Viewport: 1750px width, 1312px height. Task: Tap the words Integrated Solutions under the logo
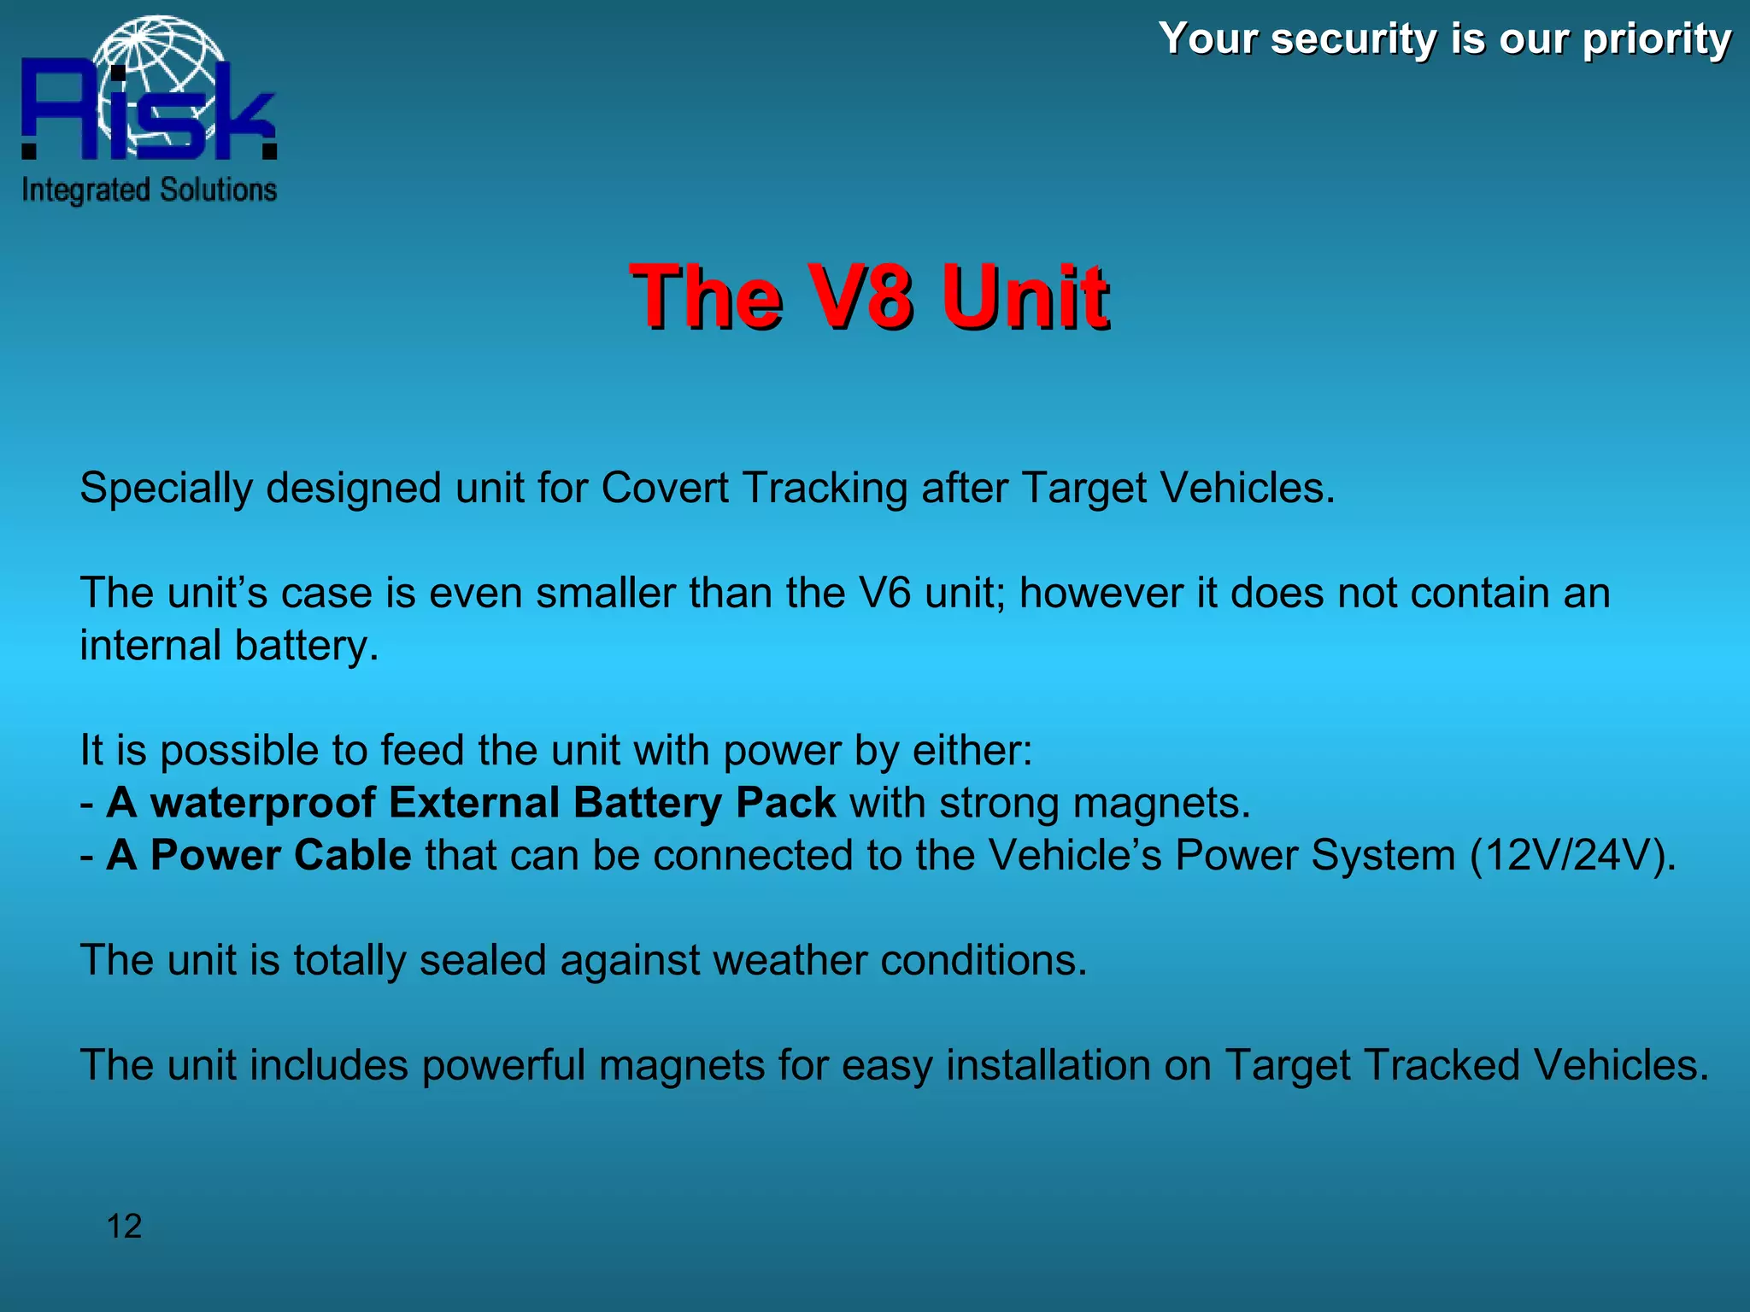149,190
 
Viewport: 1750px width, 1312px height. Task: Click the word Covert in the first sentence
665,488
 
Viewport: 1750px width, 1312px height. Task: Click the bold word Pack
785,803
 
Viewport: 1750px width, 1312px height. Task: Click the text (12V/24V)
1572,855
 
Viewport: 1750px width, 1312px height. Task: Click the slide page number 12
124,1227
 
